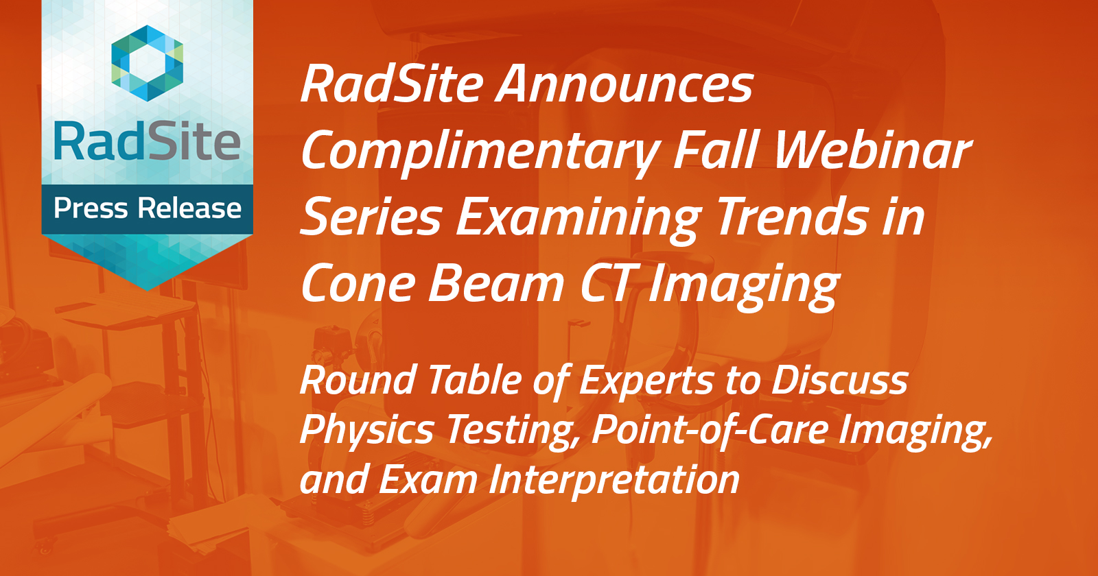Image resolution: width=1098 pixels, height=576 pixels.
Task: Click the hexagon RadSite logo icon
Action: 148,63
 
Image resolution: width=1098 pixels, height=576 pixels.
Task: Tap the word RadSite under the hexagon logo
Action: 148,142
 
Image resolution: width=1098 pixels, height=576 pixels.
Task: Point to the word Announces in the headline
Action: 625,84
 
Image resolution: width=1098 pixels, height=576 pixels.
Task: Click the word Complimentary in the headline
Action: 480,151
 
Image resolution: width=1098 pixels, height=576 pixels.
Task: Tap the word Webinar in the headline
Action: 872,151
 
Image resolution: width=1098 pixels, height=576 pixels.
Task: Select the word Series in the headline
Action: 371,217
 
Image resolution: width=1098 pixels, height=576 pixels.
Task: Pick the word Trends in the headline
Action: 792,217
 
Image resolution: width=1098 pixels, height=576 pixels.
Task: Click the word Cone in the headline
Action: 358,284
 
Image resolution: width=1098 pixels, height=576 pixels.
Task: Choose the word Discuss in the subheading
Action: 840,381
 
